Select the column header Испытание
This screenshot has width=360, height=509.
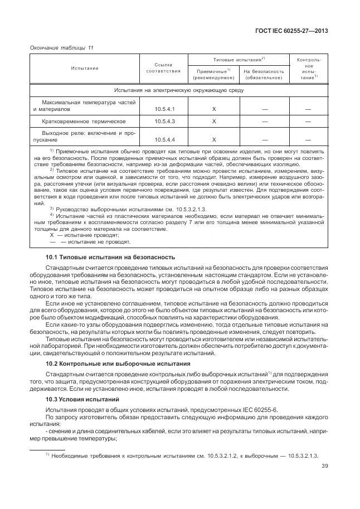click(x=85, y=68)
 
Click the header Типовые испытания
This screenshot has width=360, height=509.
click(x=239, y=59)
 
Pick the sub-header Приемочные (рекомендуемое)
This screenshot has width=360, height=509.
click(x=214, y=74)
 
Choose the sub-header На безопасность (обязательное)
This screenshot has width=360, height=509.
click(x=264, y=74)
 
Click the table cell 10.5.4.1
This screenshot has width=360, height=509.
click(x=165, y=109)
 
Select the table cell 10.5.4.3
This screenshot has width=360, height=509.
click(x=165, y=122)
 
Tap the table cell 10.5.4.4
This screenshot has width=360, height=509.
click(x=165, y=140)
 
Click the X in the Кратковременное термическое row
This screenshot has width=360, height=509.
click(x=214, y=122)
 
